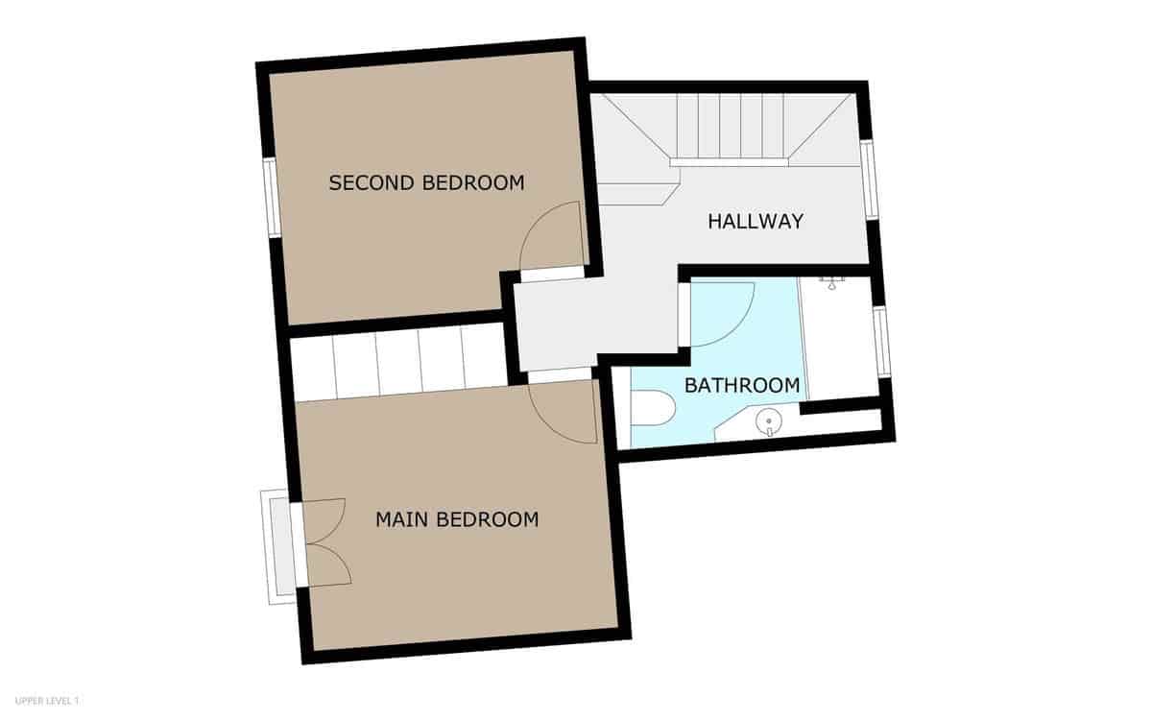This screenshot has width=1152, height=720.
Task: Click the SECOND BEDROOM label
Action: pos(426,182)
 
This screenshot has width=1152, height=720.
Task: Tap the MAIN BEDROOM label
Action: pos(456,520)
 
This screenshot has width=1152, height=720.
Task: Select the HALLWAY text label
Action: pos(755,221)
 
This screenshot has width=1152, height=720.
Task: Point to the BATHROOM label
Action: pos(741,386)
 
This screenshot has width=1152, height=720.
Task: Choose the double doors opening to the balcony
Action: pos(324,542)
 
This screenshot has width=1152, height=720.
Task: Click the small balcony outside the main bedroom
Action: pos(278,545)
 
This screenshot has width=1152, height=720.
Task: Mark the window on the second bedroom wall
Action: pos(272,197)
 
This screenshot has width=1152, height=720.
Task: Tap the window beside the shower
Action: pos(882,342)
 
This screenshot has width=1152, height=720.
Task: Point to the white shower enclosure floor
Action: pos(839,341)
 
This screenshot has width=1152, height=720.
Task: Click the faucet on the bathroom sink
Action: pos(769,431)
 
